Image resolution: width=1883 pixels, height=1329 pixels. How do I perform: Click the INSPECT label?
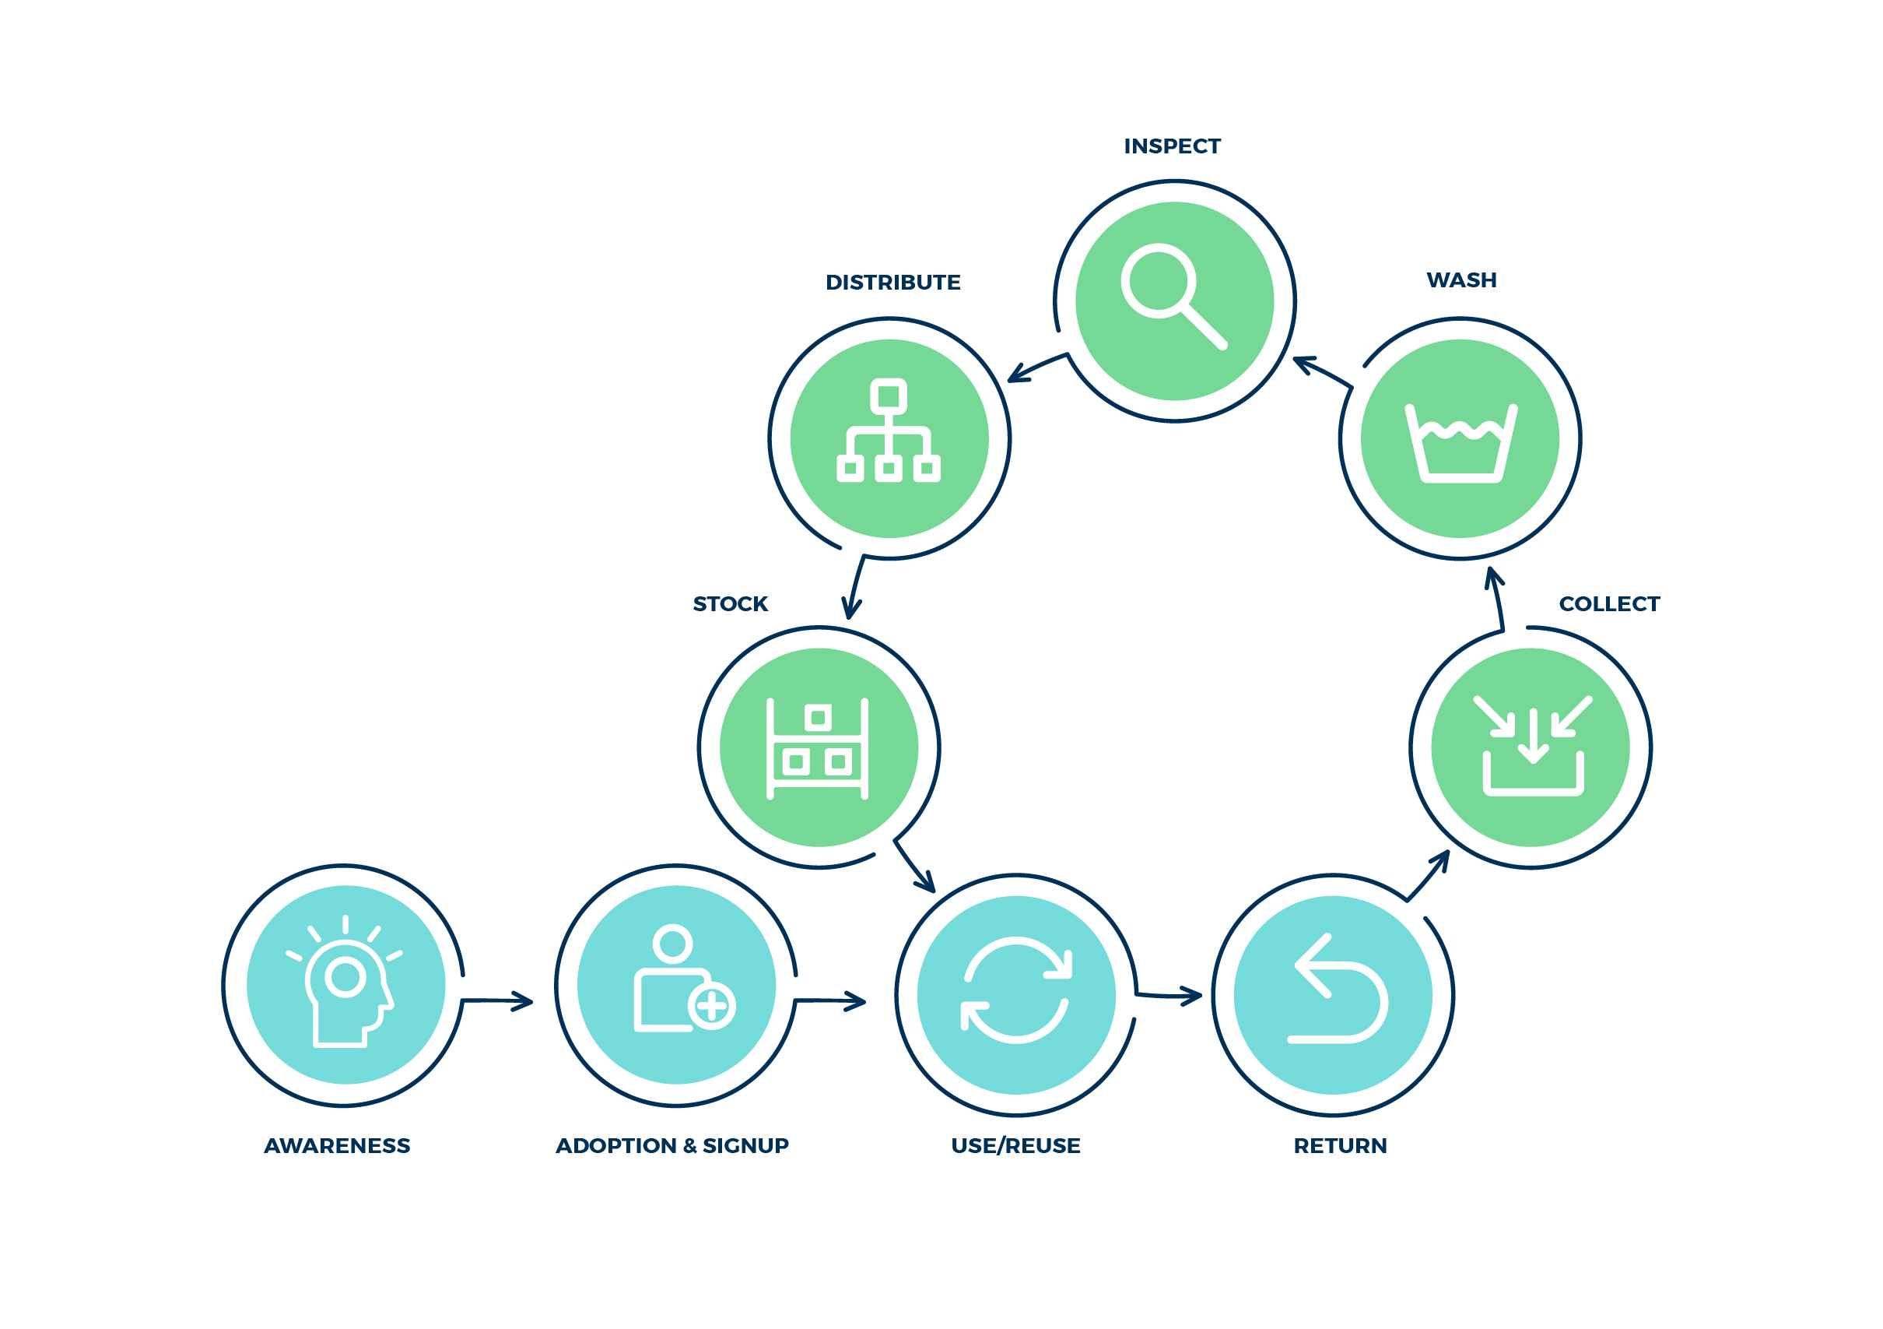[x=1172, y=146]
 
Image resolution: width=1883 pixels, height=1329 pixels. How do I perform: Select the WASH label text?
[x=1461, y=280]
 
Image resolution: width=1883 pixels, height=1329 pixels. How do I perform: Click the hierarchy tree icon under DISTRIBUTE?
[x=888, y=432]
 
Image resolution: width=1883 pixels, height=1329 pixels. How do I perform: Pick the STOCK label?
[x=730, y=604]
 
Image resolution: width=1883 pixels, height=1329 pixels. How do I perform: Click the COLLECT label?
[x=1609, y=604]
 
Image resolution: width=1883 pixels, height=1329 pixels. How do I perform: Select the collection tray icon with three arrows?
[x=1532, y=746]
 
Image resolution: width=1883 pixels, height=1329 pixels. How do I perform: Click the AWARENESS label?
[x=337, y=1145]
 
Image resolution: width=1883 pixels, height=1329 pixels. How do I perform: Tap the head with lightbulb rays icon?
[x=345, y=983]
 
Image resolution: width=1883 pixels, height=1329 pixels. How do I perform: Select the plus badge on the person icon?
[x=711, y=1005]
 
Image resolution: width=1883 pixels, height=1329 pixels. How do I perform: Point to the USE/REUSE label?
[x=1015, y=1145]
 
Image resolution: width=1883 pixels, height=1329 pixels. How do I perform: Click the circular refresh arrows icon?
[x=1016, y=991]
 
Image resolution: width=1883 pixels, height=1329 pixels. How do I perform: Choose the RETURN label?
[x=1340, y=1145]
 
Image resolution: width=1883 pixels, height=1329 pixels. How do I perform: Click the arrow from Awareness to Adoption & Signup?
[x=498, y=1001]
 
